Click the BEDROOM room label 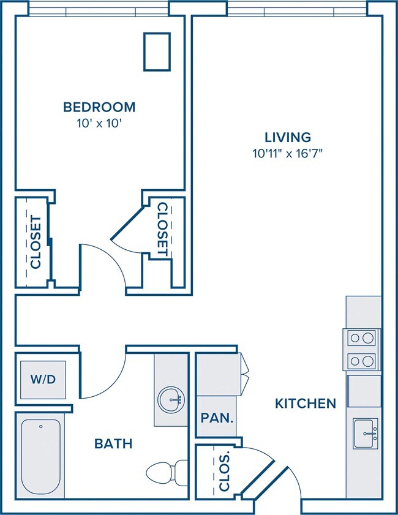pyautogui.click(x=99, y=107)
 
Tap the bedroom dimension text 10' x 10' pyautogui.click(x=99, y=124)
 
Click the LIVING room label pyautogui.click(x=288, y=137)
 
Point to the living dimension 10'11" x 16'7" pyautogui.click(x=288, y=153)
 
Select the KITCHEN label pyautogui.click(x=306, y=404)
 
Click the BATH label pyautogui.click(x=113, y=444)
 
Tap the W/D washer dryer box pyautogui.click(x=43, y=380)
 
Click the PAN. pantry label pyautogui.click(x=217, y=418)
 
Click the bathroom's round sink pyautogui.click(x=171, y=400)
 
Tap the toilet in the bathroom pyautogui.click(x=167, y=473)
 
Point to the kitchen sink pyautogui.click(x=365, y=434)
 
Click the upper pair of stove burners pyautogui.click(x=361, y=337)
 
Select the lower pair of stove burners pyautogui.click(x=361, y=361)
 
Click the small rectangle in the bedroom pyautogui.click(x=157, y=51)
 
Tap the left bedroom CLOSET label pyautogui.click(x=36, y=242)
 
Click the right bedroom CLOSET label pyautogui.click(x=163, y=229)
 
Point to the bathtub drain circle pyautogui.click(x=41, y=427)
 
